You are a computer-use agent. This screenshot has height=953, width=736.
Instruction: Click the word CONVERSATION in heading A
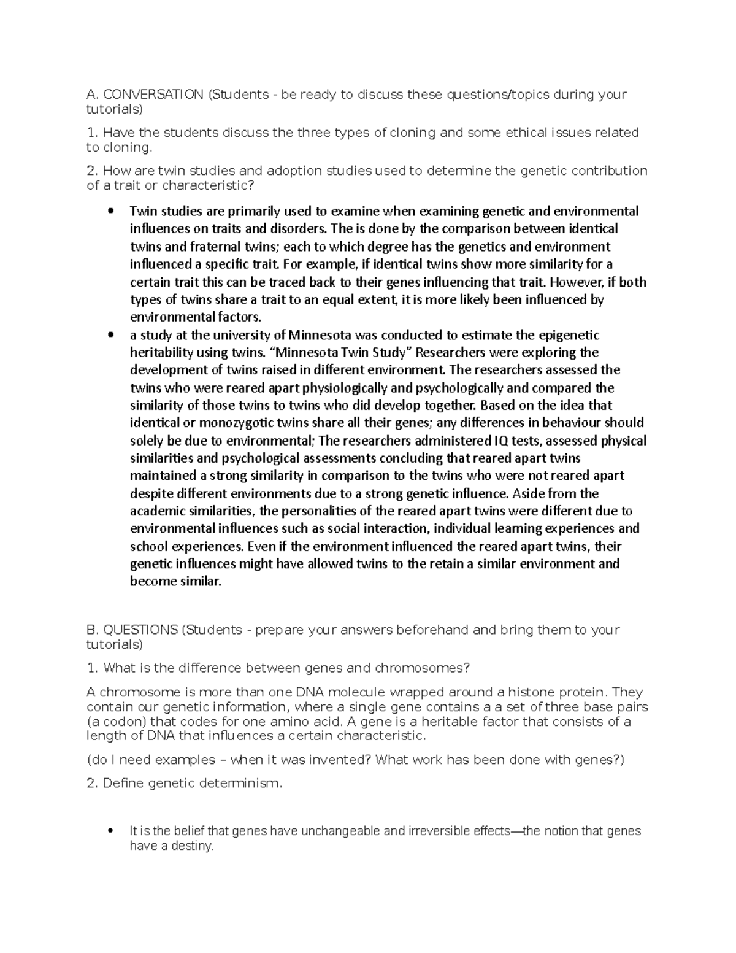click(153, 95)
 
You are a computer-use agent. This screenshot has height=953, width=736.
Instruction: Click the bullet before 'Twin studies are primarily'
click(110, 212)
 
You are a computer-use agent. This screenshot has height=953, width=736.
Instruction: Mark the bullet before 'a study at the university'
click(110, 336)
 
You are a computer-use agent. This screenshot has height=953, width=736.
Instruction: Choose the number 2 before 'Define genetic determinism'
click(91, 784)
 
